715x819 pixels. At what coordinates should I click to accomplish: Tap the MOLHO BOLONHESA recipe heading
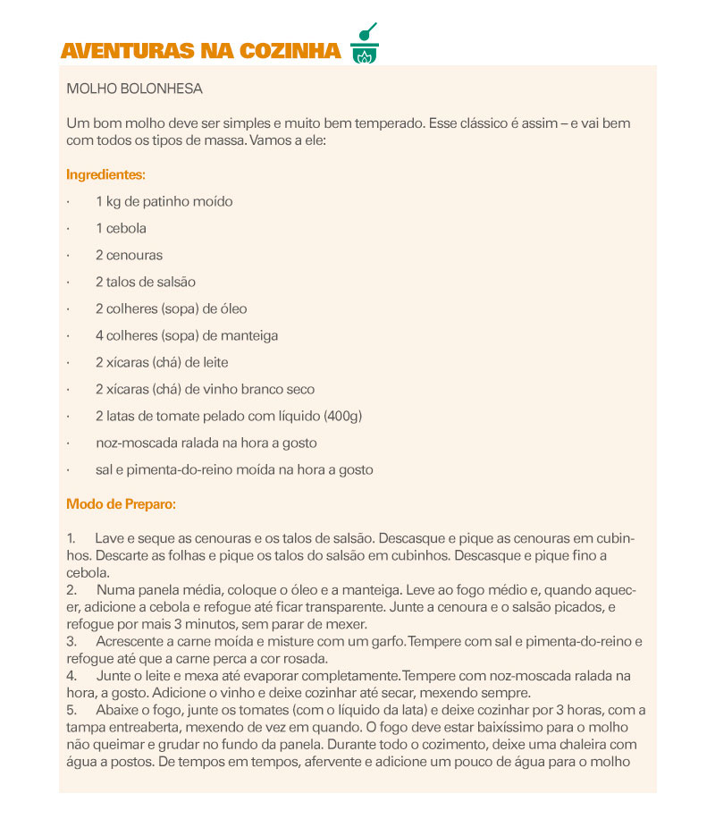[x=135, y=89]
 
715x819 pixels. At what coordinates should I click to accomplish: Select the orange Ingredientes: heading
[x=105, y=175]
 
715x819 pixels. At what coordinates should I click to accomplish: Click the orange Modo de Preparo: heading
[x=121, y=504]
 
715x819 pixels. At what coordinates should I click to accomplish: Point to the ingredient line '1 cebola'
[x=121, y=228]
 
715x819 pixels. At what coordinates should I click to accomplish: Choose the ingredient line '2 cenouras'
[x=129, y=255]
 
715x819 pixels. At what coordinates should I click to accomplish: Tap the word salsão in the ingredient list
[x=174, y=282]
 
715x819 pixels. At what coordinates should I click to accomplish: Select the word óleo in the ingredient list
[x=231, y=308]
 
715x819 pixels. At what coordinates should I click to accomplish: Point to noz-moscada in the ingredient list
[x=131, y=443]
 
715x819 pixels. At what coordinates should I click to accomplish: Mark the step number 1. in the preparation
[x=71, y=539]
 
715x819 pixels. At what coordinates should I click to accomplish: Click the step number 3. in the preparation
[x=71, y=642]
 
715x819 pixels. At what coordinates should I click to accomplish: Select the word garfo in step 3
[x=386, y=642]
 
